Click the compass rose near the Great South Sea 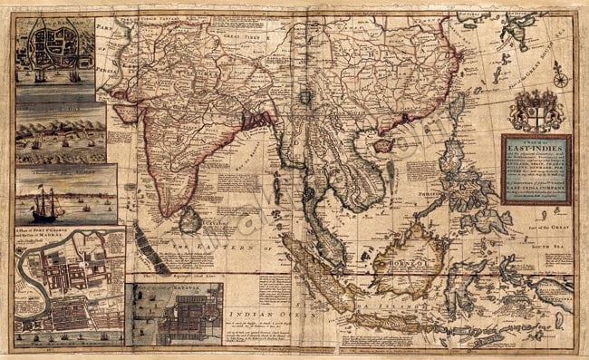[x=561, y=79]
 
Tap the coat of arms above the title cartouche [x=530, y=112]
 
